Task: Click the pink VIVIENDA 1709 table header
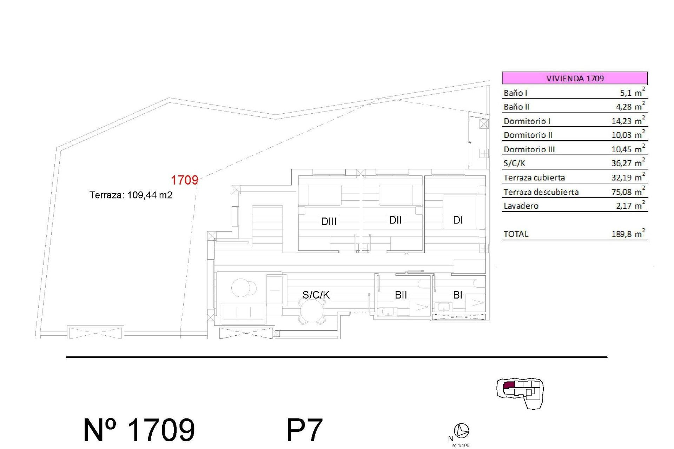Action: [x=575, y=78]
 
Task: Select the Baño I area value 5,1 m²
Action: [x=632, y=93]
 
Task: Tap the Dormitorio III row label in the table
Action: [x=529, y=149]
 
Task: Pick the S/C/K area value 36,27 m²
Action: [x=628, y=163]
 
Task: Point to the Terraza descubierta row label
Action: [x=541, y=192]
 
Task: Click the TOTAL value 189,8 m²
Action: [x=628, y=234]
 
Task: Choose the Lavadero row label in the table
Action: [x=521, y=206]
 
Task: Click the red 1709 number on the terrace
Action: [x=184, y=180]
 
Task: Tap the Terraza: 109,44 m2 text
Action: [x=131, y=195]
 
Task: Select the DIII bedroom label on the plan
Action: [x=329, y=221]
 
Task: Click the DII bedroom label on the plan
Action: [x=395, y=220]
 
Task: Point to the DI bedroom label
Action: [x=458, y=220]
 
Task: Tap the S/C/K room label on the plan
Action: [x=316, y=295]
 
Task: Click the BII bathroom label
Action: [x=401, y=295]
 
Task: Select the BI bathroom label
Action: [x=457, y=295]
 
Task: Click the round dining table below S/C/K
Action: [x=312, y=312]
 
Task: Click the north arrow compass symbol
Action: [x=461, y=430]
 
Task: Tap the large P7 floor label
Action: [x=304, y=430]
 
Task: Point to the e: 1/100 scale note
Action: [x=461, y=445]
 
